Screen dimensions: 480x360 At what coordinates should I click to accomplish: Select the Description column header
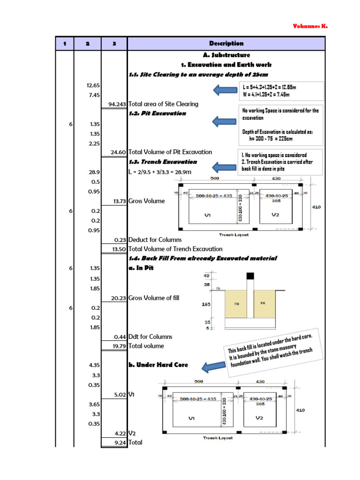226,44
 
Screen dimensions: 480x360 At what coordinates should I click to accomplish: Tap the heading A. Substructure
226,55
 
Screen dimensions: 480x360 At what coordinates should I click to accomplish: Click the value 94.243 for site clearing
117,104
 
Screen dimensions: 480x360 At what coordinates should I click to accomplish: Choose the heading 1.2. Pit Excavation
157,113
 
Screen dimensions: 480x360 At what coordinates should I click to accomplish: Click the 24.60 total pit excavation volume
118,152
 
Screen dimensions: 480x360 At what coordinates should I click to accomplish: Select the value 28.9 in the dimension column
94,172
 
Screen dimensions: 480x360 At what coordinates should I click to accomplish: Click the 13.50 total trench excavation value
118,249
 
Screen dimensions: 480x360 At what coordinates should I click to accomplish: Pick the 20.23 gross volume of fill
118,298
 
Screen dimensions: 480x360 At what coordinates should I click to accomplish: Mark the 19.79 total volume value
118,346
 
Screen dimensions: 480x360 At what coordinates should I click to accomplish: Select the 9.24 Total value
119,442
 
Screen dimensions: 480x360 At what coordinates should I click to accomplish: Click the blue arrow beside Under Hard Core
208,367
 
